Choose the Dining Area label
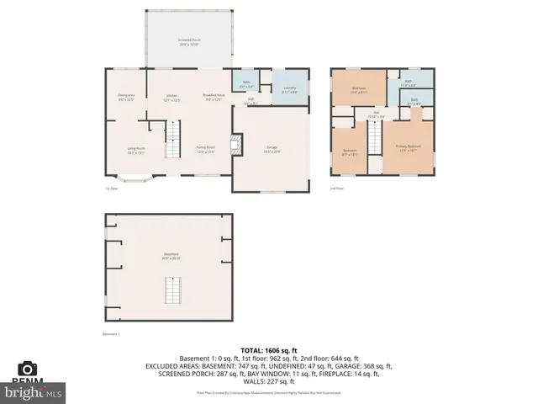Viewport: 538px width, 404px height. click(x=126, y=97)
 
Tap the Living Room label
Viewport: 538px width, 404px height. click(x=125, y=151)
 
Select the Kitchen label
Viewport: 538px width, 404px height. click(x=171, y=97)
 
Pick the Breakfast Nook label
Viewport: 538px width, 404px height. click(x=214, y=97)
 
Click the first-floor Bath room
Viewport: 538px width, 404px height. click(x=245, y=84)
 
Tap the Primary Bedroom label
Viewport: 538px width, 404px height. click(x=408, y=148)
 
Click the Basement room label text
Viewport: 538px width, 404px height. click(x=171, y=256)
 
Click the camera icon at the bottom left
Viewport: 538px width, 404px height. click(x=28, y=369)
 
